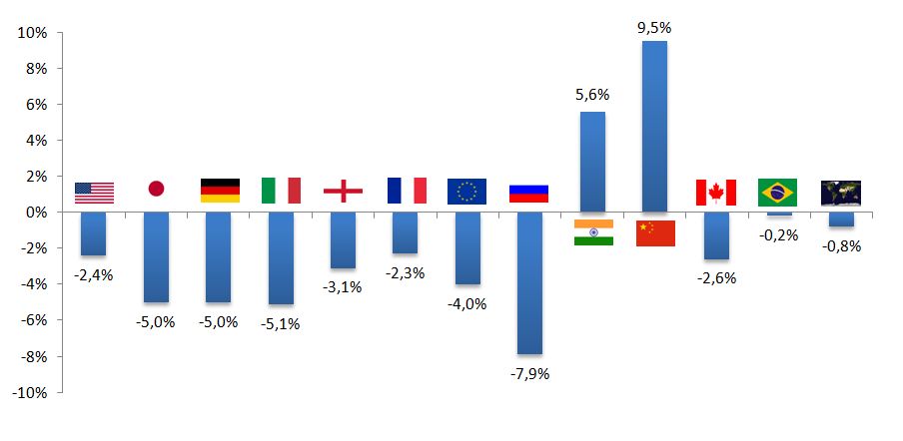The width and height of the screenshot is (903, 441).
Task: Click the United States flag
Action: coord(94,193)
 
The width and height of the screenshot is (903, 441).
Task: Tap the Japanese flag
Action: coord(156,190)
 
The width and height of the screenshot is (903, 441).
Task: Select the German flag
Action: coord(220,191)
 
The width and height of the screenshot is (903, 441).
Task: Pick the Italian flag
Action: coord(281,191)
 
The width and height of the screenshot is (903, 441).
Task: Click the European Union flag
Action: coord(466,191)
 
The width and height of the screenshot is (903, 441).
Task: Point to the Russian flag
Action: coord(528,193)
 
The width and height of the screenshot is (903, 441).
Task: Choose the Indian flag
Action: coord(593,232)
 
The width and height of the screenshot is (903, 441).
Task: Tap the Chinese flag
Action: coord(655,232)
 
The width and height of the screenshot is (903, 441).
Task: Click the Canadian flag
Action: coord(715,192)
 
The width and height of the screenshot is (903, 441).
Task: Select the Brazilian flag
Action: coord(777,192)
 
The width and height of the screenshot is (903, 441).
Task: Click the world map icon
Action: coord(840,193)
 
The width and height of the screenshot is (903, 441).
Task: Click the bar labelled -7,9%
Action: coord(529,283)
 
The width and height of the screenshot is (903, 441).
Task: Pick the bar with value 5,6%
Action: coord(592,162)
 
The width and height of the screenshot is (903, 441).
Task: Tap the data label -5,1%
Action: coord(281,322)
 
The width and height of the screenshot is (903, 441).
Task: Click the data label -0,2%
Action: coord(778,235)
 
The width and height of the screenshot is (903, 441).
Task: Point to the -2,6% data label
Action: coord(715,278)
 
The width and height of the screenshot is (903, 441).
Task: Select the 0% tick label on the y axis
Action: coord(36,213)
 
